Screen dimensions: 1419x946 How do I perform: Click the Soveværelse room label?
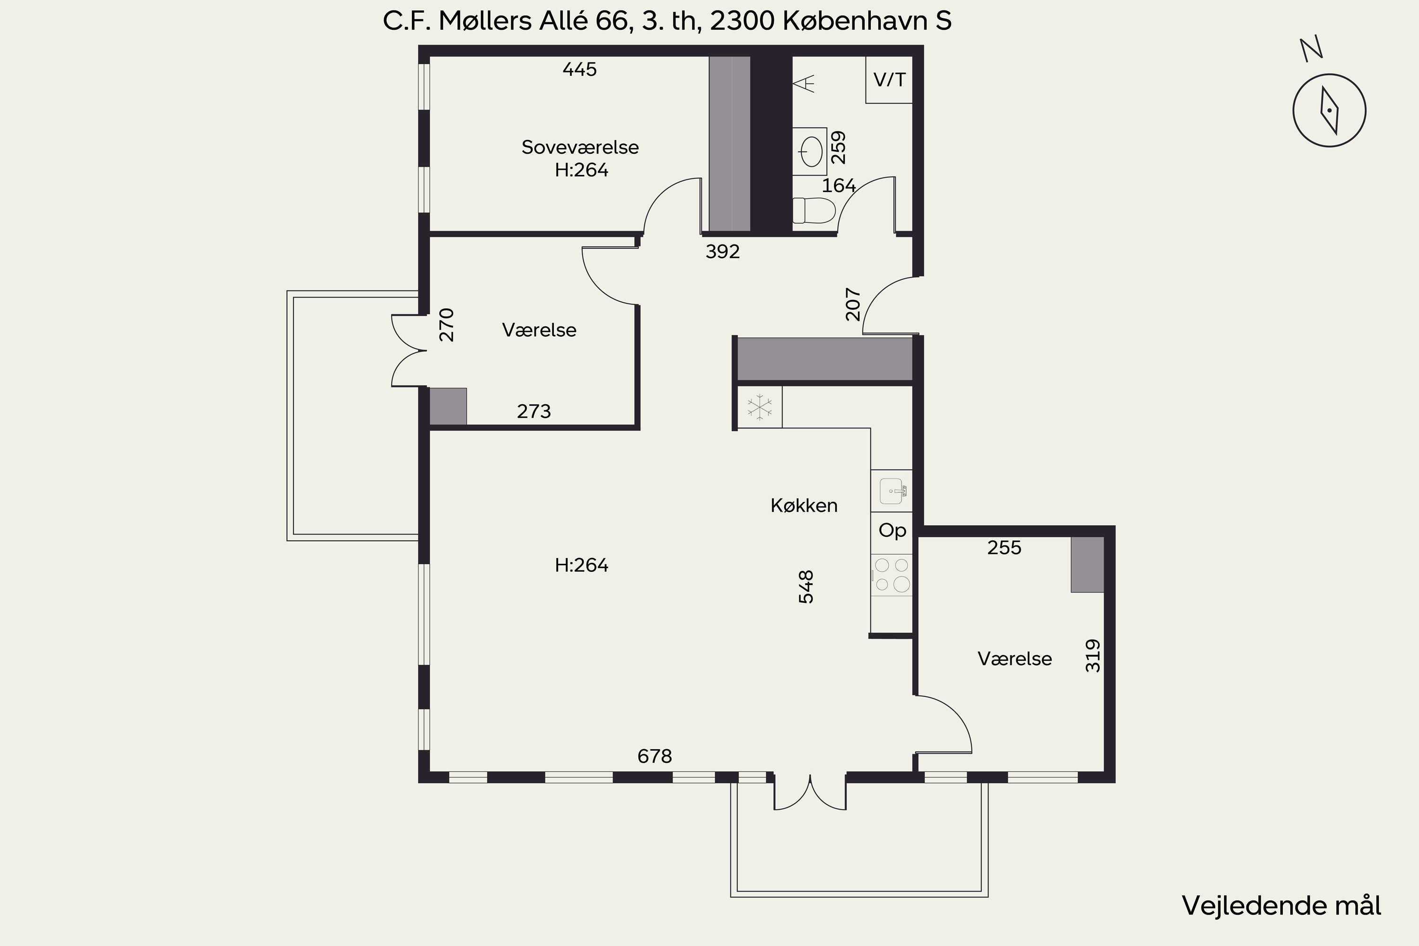click(x=580, y=147)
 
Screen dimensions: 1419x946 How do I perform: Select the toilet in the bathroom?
click(x=814, y=210)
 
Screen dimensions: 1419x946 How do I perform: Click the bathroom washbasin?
click(x=810, y=151)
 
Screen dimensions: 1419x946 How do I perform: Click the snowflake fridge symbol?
click(x=760, y=407)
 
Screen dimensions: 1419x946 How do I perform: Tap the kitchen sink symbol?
click(x=892, y=491)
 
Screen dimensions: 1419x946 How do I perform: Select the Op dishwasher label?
click(x=892, y=531)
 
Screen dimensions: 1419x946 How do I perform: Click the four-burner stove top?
click(x=892, y=575)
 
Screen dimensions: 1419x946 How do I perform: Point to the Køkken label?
click(x=804, y=506)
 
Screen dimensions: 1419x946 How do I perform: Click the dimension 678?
click(x=655, y=756)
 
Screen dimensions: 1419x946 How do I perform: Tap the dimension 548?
click(x=806, y=587)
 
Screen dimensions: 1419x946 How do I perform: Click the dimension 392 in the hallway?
click(x=723, y=252)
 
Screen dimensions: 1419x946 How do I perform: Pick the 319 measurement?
click(x=1093, y=656)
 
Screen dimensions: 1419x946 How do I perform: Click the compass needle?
click(x=1330, y=110)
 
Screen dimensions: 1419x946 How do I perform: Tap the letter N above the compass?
click(x=1312, y=50)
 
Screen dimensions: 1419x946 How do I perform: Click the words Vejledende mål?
click(x=1281, y=906)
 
